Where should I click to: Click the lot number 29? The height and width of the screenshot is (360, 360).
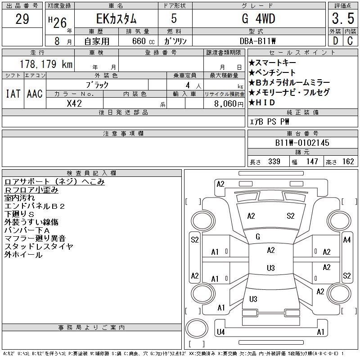pyautogui.click(x=22, y=19)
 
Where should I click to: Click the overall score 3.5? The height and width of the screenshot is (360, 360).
pyautogui.click(x=343, y=18)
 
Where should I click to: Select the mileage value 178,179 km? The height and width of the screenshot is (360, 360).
pyautogui.click(x=46, y=64)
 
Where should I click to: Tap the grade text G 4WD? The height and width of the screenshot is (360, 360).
pyautogui.click(x=258, y=18)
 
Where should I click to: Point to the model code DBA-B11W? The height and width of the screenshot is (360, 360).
pyautogui.click(x=257, y=41)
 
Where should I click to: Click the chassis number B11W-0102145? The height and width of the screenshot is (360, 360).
pyautogui.click(x=302, y=143)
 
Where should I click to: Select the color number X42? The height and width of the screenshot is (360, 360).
pyautogui.click(x=74, y=103)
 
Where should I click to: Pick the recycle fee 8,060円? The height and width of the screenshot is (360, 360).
pyautogui.click(x=229, y=104)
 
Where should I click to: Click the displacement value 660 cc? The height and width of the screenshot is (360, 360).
pyautogui.click(x=143, y=41)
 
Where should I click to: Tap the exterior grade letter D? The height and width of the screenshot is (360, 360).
pyautogui.click(x=335, y=41)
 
